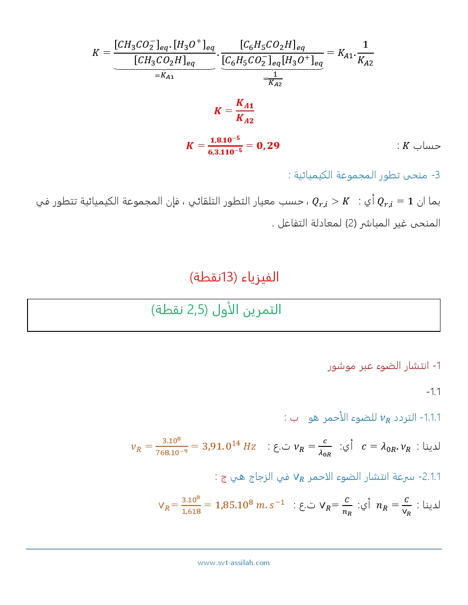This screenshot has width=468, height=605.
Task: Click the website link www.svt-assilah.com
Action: coord(234,563)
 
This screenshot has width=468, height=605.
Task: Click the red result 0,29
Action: coord(268,146)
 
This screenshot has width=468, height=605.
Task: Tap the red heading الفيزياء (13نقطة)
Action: coord(234,277)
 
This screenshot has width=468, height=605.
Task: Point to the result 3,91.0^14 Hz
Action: coord(229,446)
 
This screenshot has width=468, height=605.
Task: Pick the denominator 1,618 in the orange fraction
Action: coord(191,511)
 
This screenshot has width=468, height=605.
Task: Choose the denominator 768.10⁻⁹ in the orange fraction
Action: coord(172,453)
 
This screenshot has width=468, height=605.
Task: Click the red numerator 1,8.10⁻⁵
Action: coord(225,140)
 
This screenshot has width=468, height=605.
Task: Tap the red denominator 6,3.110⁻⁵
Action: coord(225,152)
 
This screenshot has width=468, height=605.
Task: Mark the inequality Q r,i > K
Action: coord(330,202)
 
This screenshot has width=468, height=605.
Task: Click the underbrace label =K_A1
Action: coord(164,76)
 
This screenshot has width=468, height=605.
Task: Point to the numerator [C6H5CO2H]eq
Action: coord(272,45)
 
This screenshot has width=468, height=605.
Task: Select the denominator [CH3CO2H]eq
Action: coord(164,60)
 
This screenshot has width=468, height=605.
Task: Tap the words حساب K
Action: coord(421,146)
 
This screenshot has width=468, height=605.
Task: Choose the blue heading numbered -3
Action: coord(364,175)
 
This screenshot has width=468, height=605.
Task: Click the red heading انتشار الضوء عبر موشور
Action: coord(384,366)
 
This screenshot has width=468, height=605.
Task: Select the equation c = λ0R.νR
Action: coord(386,446)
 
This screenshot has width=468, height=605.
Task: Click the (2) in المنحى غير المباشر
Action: coord(351,223)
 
